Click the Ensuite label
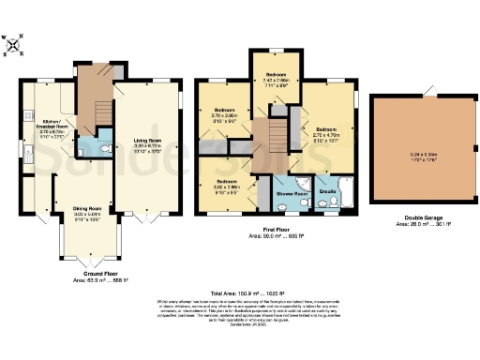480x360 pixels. (327, 190)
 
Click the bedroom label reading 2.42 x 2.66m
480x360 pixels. (275, 77)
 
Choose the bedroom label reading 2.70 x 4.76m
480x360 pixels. (325, 131)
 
